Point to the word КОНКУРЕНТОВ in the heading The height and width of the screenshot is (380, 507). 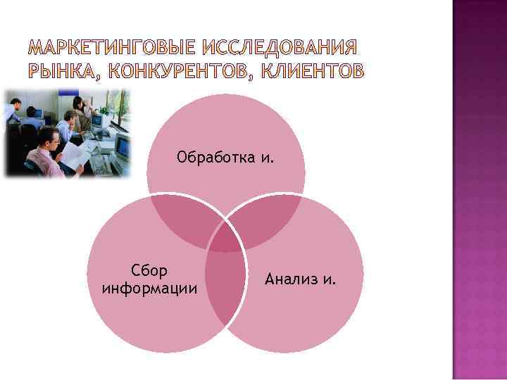[175, 71]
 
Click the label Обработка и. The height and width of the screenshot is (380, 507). [225, 156]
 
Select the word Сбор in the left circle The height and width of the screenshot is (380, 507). [149, 271]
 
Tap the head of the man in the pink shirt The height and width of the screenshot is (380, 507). [49, 137]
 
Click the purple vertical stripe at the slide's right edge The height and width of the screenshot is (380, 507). [478, 190]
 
